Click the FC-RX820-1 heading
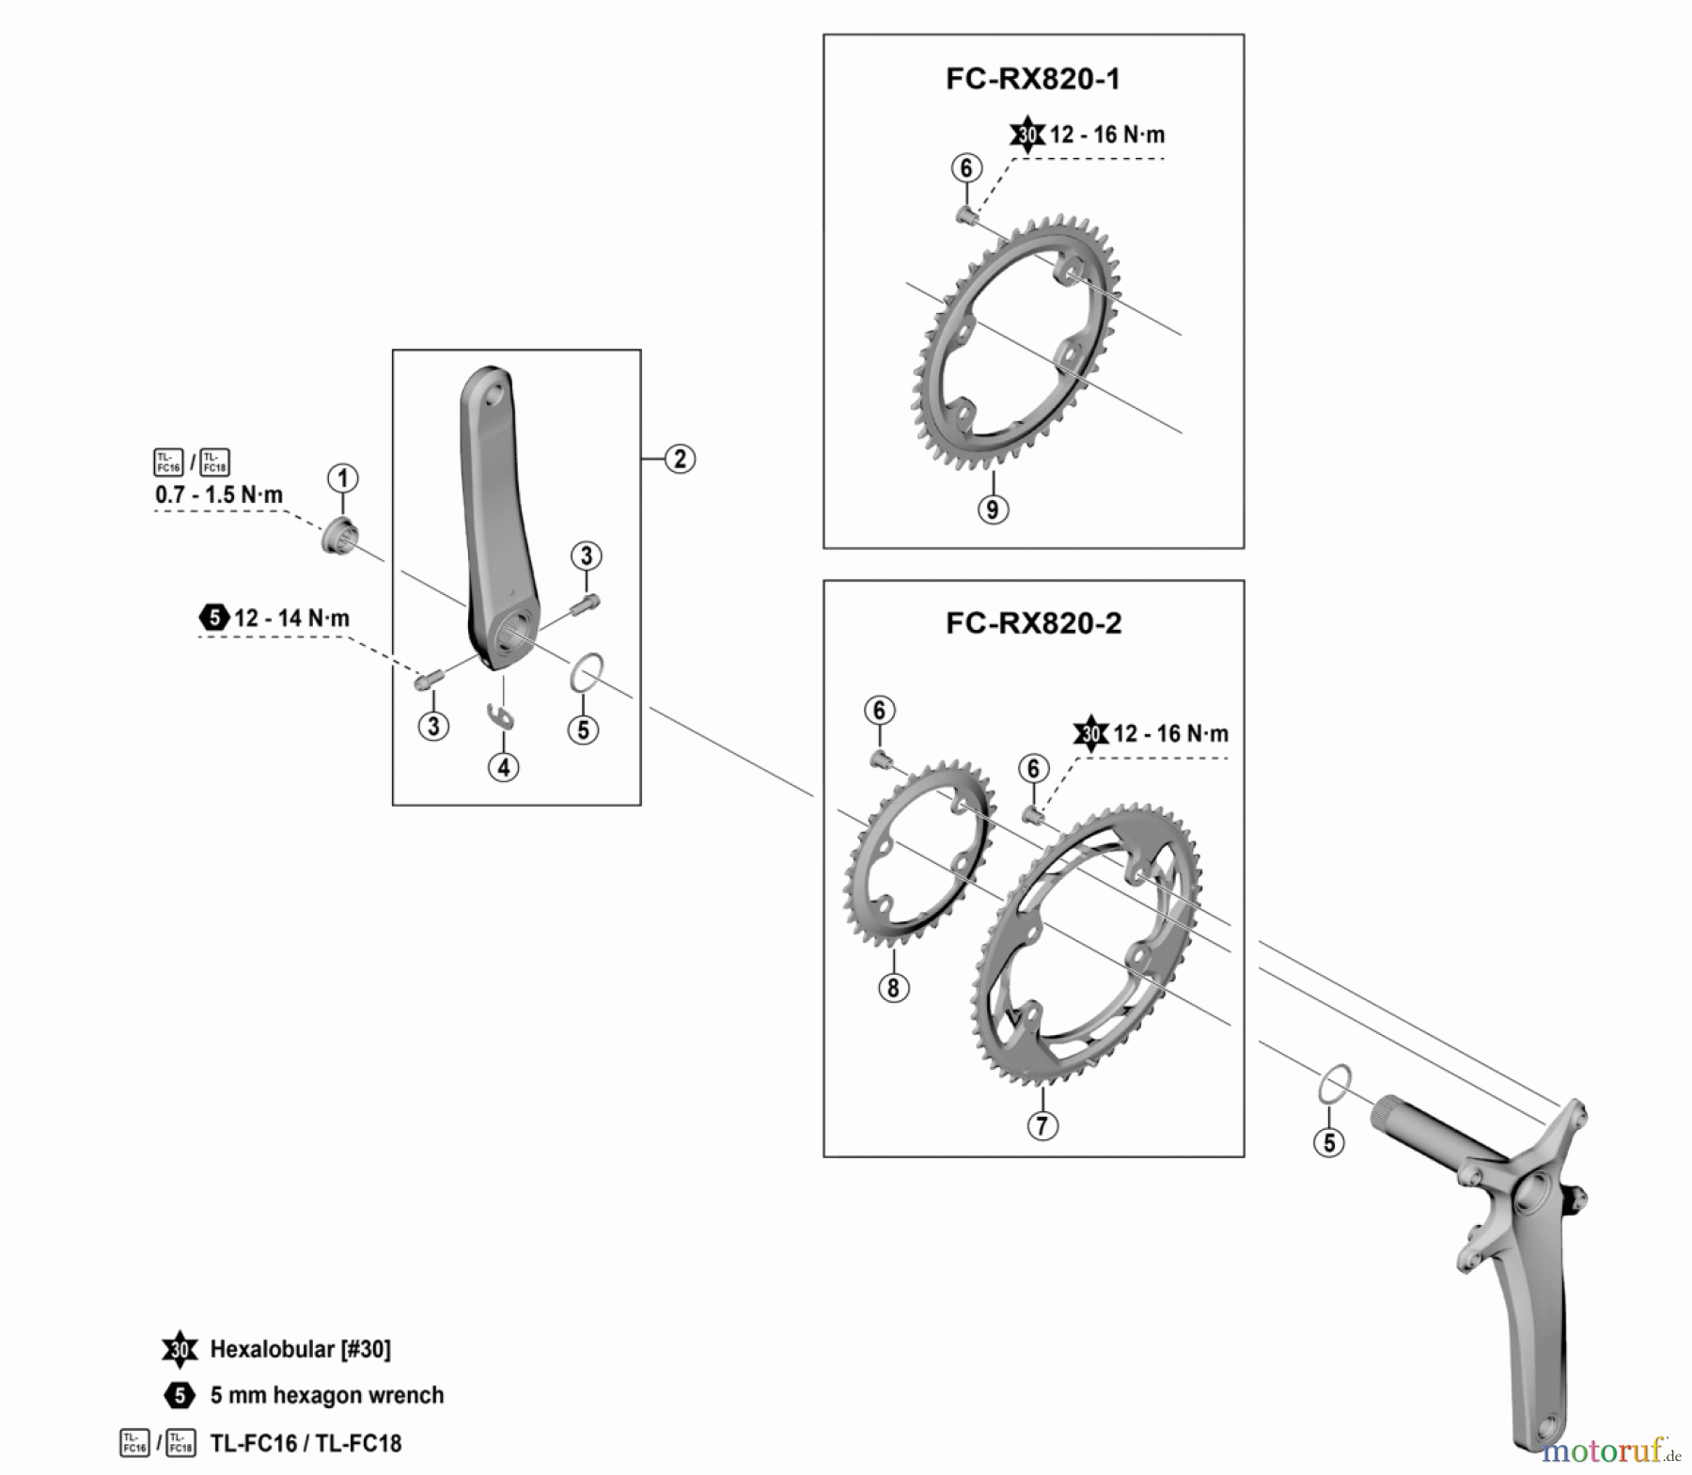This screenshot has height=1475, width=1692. pos(1032,79)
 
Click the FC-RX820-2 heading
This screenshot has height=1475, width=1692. pos(1033,623)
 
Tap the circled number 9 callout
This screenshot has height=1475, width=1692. pos(993,510)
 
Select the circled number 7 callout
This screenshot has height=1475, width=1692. pos(1042,1125)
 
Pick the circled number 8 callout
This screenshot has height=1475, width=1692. pos(893,987)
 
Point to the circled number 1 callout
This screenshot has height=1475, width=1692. pos(342,479)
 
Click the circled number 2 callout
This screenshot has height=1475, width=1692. pos(680,459)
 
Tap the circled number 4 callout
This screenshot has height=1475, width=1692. pos(504,767)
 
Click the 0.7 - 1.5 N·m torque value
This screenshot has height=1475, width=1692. pos(219,494)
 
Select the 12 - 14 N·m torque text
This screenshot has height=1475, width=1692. pos(291,619)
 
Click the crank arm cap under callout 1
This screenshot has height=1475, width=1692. pos(338,537)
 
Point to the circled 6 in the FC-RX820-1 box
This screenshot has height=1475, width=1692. pos(966,168)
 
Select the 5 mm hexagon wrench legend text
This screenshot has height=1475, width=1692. pos(326,1395)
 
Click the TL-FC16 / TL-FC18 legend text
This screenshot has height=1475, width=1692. pos(305,1443)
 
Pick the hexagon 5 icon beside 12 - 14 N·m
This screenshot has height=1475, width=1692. pos(214,618)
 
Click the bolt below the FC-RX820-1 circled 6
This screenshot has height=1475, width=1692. pos(965,216)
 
